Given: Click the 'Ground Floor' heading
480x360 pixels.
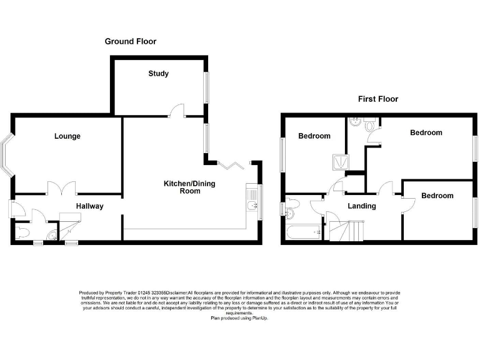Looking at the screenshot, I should [130, 41].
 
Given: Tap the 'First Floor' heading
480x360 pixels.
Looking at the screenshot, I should [377, 99].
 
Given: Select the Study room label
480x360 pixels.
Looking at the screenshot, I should [158, 74].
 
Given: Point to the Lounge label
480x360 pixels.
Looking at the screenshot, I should [67, 136].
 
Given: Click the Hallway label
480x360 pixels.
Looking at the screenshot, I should [90, 206].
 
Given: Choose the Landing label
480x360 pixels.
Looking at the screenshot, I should [361, 206].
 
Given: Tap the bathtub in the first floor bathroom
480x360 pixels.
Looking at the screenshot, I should [303, 234].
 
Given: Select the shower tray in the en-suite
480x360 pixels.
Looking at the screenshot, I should [339, 162].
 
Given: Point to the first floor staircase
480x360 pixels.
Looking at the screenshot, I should [344, 229].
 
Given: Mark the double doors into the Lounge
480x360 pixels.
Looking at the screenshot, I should [61, 187].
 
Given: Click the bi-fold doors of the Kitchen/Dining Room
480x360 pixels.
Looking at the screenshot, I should [230, 165].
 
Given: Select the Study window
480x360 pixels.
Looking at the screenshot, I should [206, 87].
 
